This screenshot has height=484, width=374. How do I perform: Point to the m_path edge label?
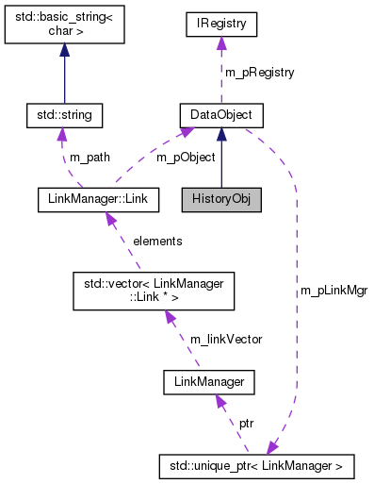[x=89, y=157]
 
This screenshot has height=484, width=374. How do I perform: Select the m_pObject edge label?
[x=187, y=157]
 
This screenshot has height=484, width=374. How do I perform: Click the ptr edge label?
[x=245, y=425]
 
